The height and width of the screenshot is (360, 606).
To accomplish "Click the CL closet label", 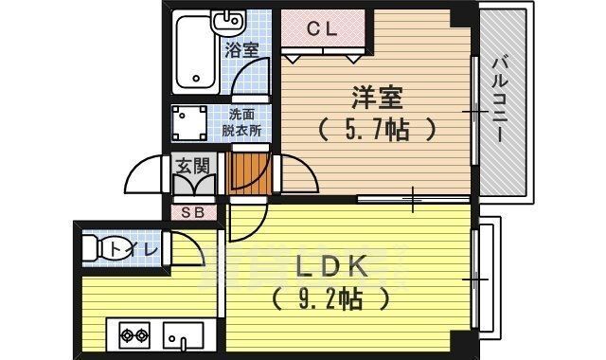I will pyautogui.click(x=322, y=28).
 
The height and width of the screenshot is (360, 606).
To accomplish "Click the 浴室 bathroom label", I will pyautogui.click(x=241, y=50).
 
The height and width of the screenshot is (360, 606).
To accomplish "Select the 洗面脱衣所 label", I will pyautogui.click(x=241, y=124).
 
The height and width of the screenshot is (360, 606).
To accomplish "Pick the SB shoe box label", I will pyautogui.click(x=192, y=211).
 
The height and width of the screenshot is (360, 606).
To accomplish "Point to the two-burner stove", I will pyautogui.click(x=135, y=334).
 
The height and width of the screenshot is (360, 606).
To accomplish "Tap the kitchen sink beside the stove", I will pyautogui.click(x=184, y=334).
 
